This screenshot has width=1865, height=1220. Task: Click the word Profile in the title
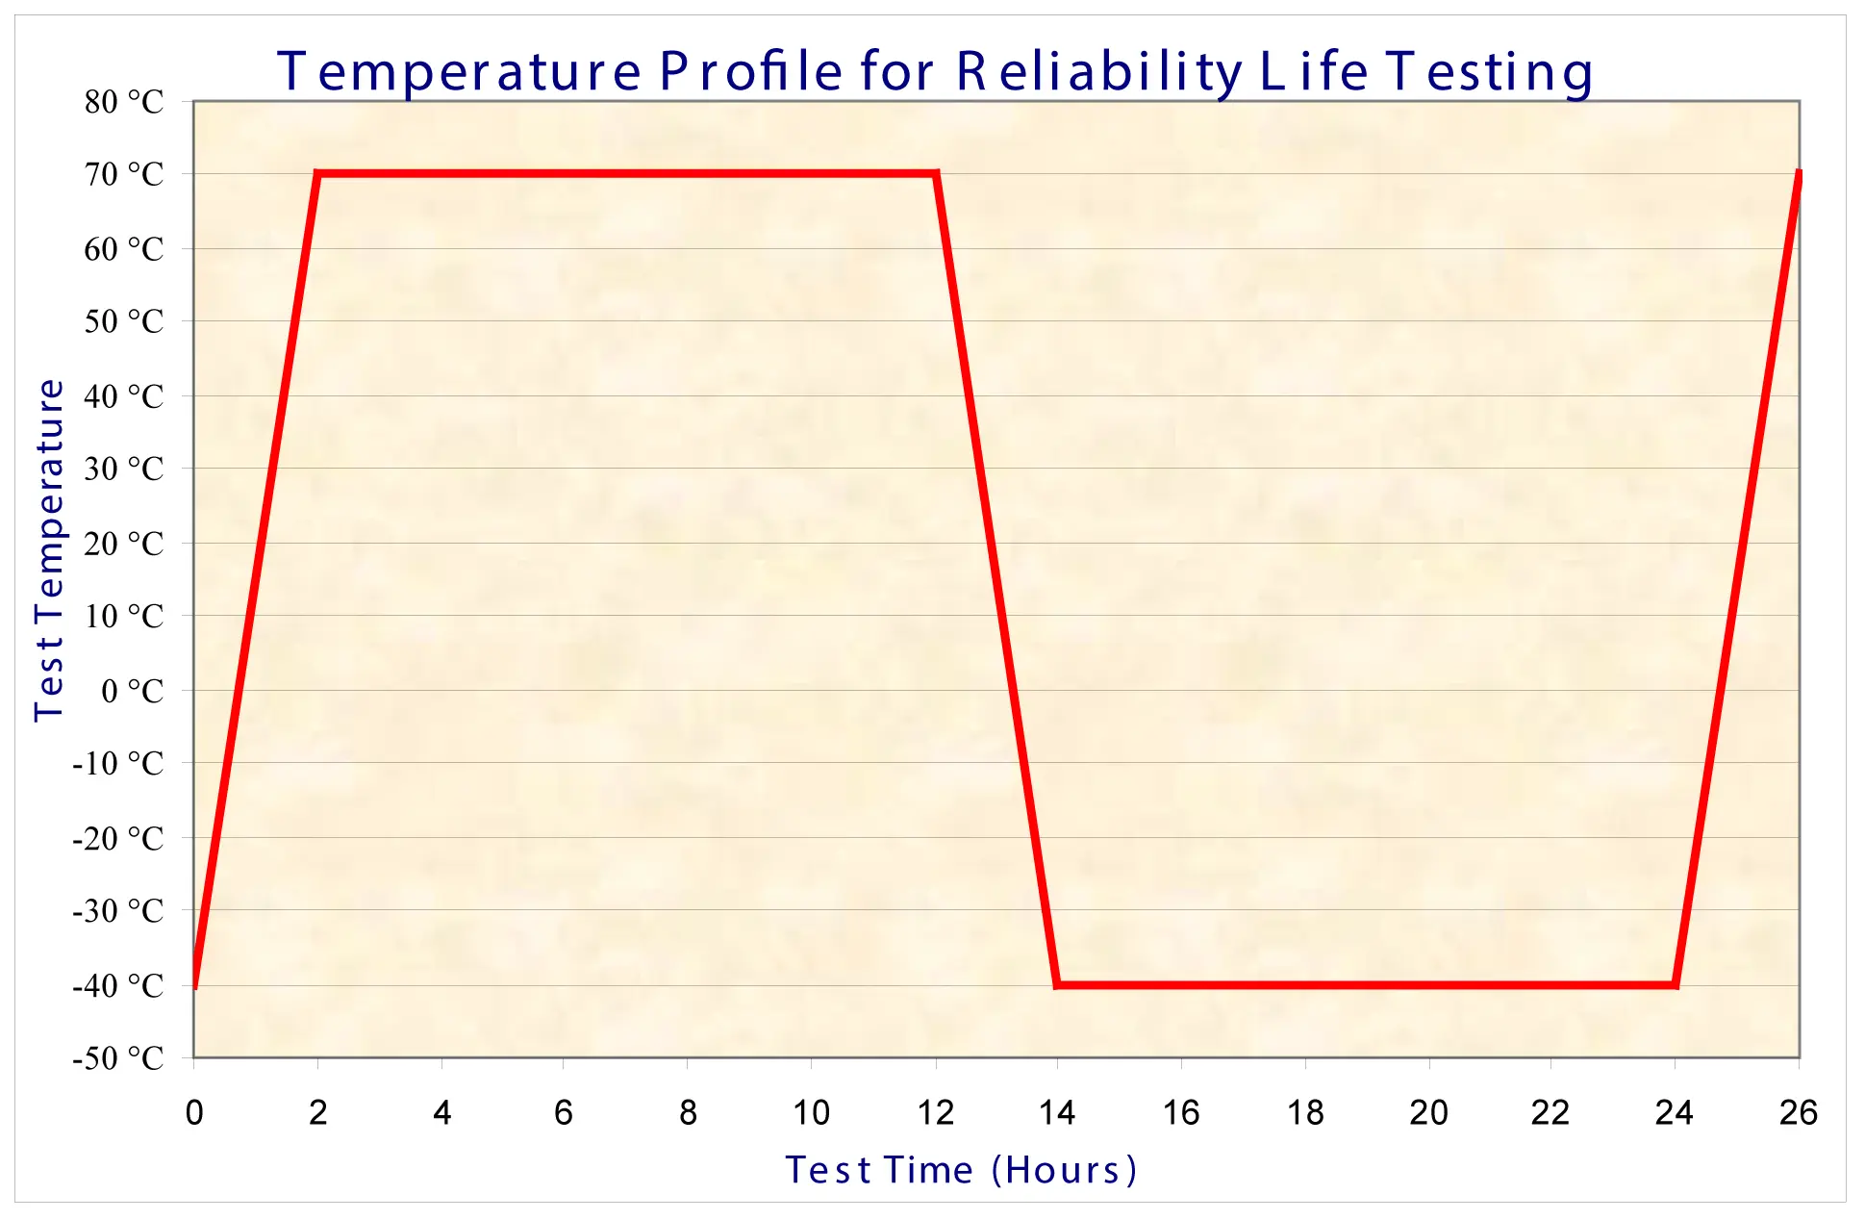tap(751, 71)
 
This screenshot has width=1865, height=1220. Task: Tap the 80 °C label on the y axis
tap(124, 102)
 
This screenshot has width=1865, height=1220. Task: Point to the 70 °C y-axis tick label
tap(124, 175)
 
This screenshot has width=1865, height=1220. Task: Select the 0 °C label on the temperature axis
tap(133, 691)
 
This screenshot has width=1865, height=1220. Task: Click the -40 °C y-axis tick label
tap(118, 985)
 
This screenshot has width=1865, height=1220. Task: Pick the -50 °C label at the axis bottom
tap(118, 1058)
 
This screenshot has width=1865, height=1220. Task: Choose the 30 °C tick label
tap(124, 470)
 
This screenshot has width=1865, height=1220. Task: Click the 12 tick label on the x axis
tap(935, 1112)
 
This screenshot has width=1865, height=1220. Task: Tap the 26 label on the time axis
tap(1798, 1112)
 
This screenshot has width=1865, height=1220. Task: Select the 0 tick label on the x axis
tap(194, 1112)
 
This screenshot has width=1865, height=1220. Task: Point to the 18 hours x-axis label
tap(1305, 1112)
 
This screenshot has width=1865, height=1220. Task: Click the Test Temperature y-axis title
tap(49, 549)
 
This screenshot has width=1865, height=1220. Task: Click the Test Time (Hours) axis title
tap(961, 1170)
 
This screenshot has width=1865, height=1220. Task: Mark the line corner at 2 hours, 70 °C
tap(317, 174)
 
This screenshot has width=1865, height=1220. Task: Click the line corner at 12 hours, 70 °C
tap(936, 174)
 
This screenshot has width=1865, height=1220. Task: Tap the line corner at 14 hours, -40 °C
tap(1057, 984)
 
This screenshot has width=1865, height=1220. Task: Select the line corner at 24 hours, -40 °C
tap(1676, 984)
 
